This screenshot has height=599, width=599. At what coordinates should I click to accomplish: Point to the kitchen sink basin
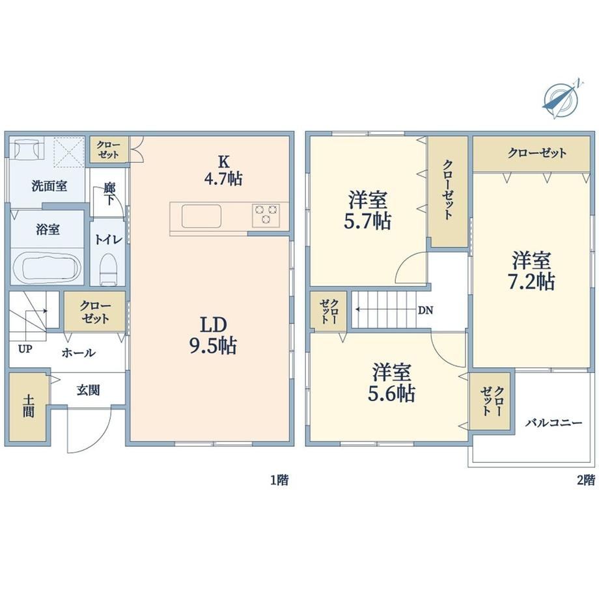click(x=201, y=216)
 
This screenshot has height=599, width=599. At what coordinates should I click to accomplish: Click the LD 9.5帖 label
click(x=213, y=335)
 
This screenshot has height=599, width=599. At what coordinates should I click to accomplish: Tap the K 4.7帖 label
click(x=223, y=171)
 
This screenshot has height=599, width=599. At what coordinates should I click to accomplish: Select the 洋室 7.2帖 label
click(x=531, y=271)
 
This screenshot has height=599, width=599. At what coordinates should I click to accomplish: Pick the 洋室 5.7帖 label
click(x=367, y=210)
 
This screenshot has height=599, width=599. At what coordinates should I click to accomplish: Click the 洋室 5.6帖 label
click(x=391, y=383)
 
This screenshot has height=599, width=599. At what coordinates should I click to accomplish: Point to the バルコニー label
click(x=553, y=423)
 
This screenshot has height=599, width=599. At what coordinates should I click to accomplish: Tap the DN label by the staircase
click(x=425, y=311)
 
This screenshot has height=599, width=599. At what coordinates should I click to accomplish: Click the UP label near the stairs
click(x=25, y=349)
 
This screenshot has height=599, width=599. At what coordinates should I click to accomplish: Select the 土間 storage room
click(x=28, y=406)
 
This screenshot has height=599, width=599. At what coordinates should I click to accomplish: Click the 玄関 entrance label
click(x=89, y=390)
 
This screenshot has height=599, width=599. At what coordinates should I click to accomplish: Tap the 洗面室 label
click(x=49, y=186)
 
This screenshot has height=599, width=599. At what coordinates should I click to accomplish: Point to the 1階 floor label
click(x=279, y=480)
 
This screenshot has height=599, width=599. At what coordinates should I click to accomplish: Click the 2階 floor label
click(x=585, y=480)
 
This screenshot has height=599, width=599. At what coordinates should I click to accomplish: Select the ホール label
click(x=79, y=353)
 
